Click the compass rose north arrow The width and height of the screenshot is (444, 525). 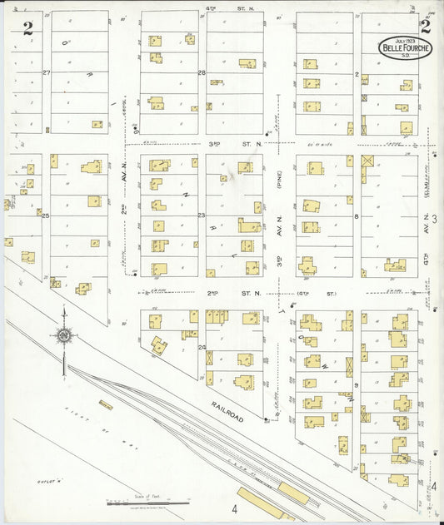[63, 337]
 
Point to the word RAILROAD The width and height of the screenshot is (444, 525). [227, 410]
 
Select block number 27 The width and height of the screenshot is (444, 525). [47, 73]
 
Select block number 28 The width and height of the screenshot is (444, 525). [202, 73]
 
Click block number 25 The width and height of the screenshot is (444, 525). [47, 215]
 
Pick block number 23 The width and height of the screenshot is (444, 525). [202, 215]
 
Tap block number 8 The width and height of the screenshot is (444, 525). [356, 215]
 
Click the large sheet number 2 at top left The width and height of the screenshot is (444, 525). [28, 27]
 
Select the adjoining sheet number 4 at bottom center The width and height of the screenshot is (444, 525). [236, 509]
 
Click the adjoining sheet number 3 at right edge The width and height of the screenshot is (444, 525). [435, 218]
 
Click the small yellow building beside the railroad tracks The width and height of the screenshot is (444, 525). [105, 405]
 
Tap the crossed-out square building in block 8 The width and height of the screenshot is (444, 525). [367, 160]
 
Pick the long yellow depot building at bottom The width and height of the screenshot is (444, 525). [293, 492]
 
